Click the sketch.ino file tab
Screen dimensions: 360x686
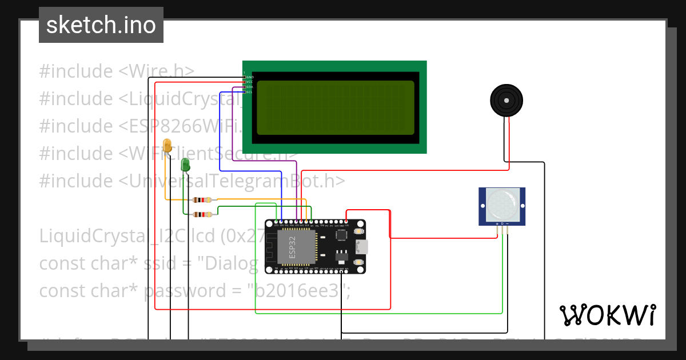coord(101,25)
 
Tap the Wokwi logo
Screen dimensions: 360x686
coord(607,315)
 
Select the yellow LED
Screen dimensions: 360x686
coord(167,145)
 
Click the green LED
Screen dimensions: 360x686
coord(185,165)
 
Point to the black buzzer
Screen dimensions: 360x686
coord(506,101)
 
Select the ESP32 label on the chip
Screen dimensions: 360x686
coord(292,246)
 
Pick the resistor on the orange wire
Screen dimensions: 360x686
coord(202,200)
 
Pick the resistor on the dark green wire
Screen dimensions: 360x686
coord(202,215)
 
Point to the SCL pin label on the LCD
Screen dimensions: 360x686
coord(249,92)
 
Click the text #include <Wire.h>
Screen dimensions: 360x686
coord(117,71)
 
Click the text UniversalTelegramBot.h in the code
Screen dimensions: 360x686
coord(236,181)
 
